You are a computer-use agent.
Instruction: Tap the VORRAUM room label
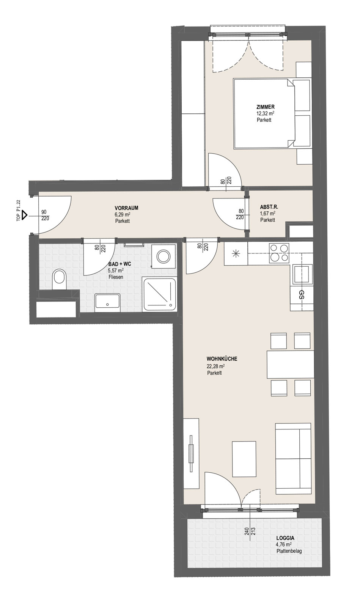click(126, 208)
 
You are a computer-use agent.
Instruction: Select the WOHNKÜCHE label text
click(222, 359)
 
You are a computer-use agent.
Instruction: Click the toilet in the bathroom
click(60, 279)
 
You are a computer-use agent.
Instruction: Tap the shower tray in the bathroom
click(160, 294)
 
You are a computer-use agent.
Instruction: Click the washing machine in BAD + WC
click(164, 256)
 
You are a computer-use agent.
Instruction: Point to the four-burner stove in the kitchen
click(279, 253)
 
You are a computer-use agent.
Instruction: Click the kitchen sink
click(302, 275)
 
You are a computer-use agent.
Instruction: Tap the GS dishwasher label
click(302, 295)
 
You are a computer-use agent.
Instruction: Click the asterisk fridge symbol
click(236, 254)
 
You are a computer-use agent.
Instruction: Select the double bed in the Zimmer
click(264, 113)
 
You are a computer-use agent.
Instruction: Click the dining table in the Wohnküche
click(290, 365)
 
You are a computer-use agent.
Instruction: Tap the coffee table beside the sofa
click(244, 459)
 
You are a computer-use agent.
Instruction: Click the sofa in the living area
click(293, 459)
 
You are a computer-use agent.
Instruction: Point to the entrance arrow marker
click(24, 216)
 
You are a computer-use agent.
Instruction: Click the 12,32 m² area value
click(263, 113)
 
